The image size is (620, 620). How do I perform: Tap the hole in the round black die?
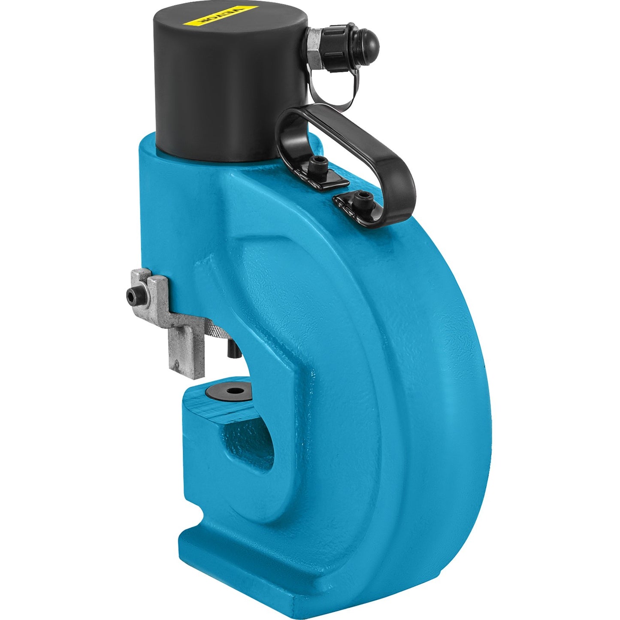234,390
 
